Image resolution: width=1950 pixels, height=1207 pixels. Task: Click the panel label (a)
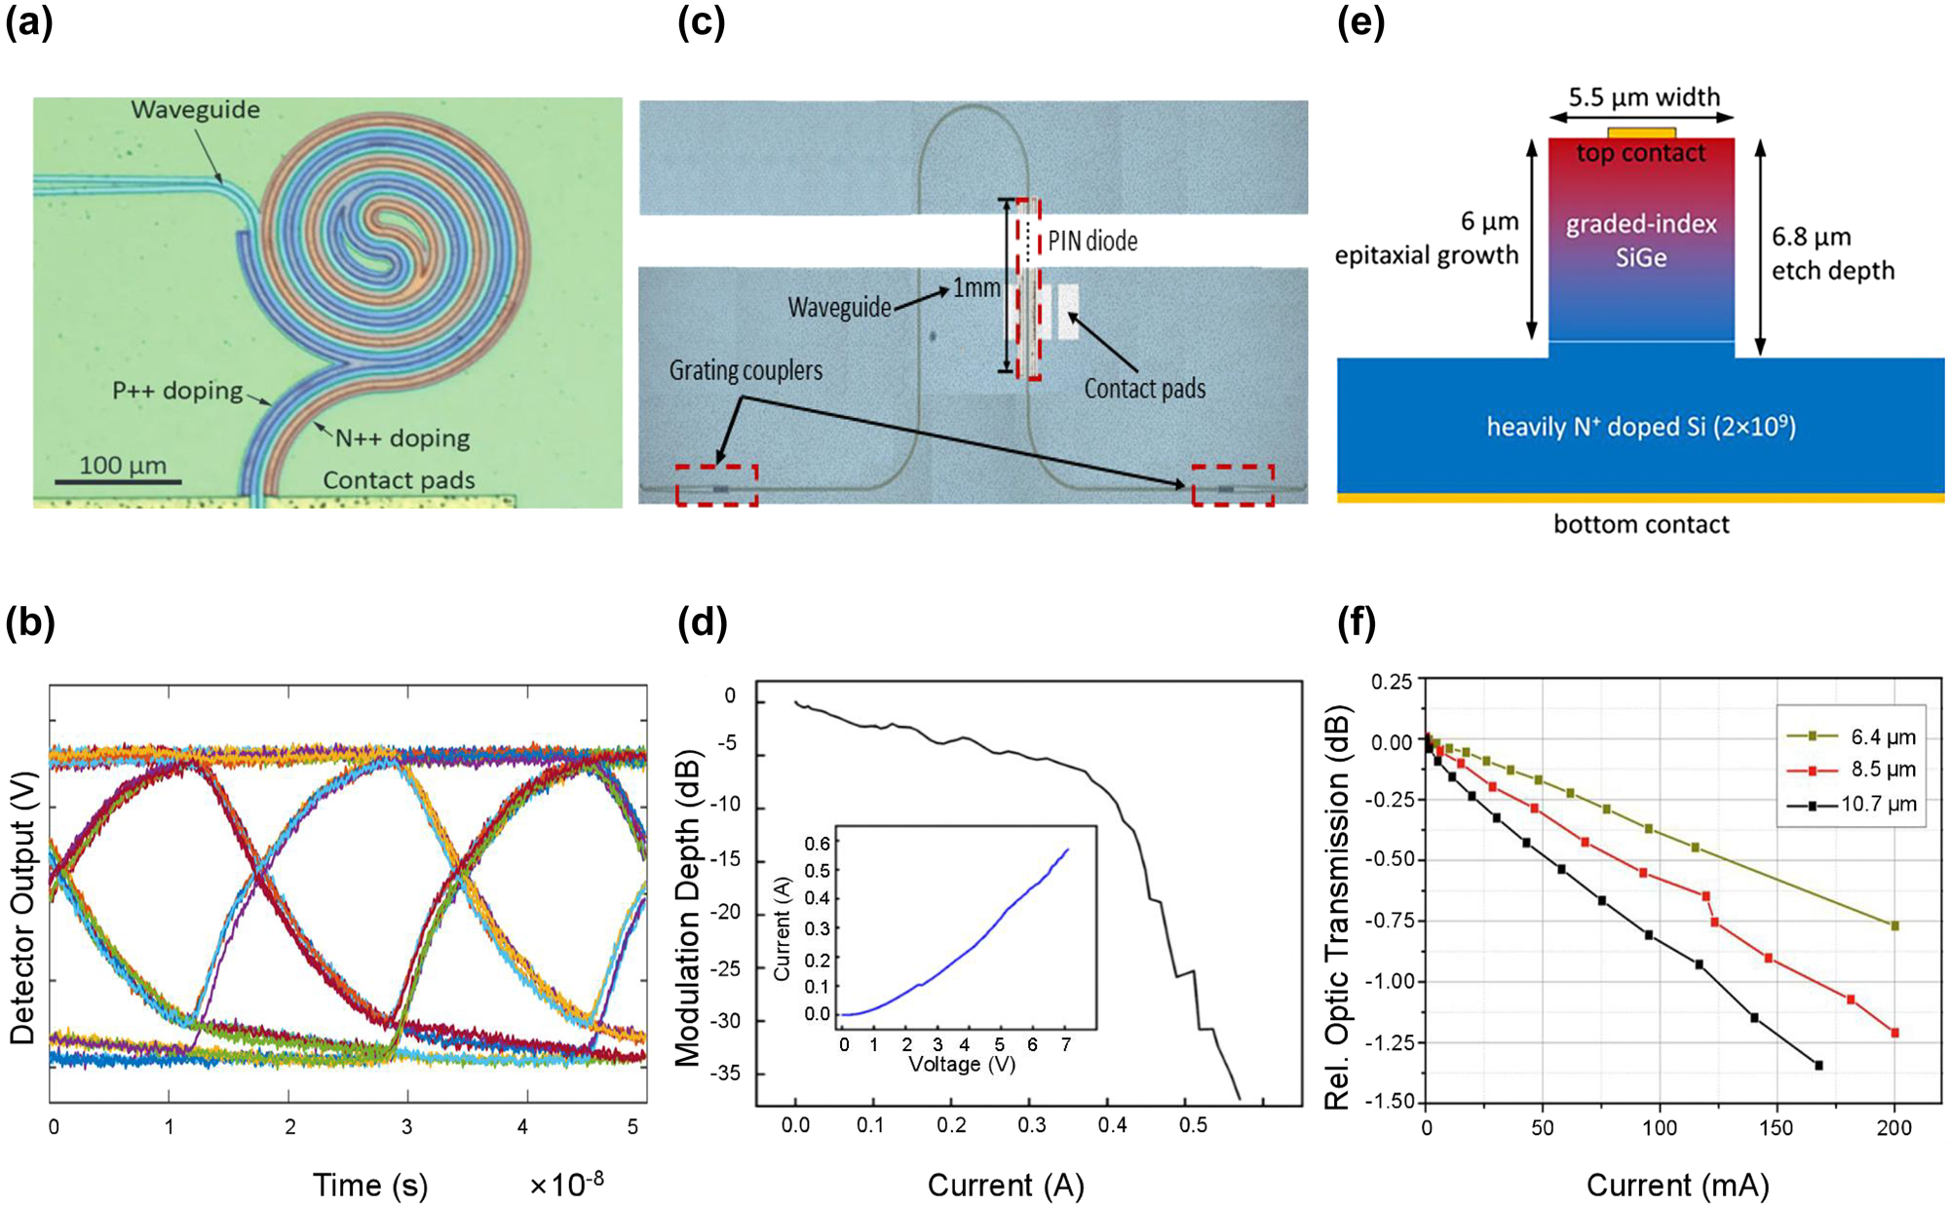click(28, 21)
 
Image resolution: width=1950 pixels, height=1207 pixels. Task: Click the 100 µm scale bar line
click(118, 481)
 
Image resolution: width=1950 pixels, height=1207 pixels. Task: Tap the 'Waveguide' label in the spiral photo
click(195, 109)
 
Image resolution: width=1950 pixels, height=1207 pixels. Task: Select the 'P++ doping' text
click(176, 391)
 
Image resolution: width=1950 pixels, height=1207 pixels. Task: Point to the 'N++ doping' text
click(402, 438)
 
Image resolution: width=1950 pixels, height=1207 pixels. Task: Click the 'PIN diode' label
click(1092, 241)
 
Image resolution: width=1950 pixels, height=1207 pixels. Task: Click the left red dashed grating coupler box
click(716, 485)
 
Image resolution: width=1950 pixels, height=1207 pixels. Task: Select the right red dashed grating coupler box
click(1233, 485)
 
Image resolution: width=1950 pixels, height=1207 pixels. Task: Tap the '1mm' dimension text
click(976, 288)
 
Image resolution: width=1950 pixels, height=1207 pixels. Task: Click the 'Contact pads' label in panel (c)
click(1144, 389)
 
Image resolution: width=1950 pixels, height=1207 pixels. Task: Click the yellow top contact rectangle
click(1641, 132)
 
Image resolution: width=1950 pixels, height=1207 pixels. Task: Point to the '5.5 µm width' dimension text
click(1644, 96)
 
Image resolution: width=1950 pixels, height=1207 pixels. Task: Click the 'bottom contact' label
click(1641, 524)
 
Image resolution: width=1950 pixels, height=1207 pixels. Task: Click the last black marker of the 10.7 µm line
click(1818, 1066)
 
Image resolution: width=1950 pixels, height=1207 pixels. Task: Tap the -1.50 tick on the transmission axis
click(1394, 1102)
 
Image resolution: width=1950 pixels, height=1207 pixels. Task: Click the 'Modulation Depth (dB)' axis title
click(687, 909)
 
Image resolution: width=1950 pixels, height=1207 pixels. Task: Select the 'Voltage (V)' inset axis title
click(962, 1064)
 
